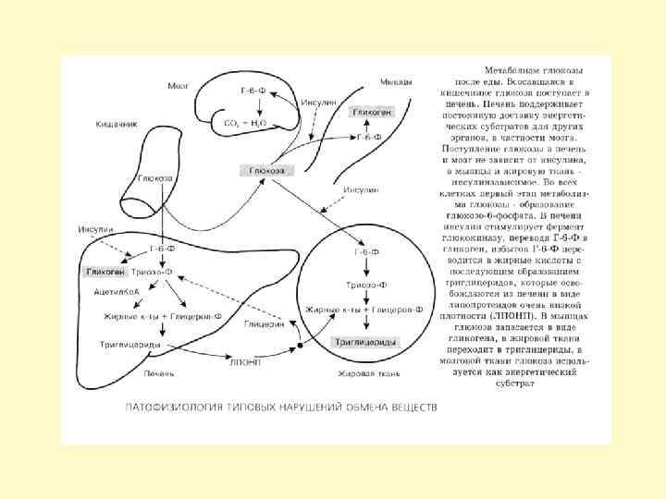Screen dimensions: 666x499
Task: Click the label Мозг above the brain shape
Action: [179, 86]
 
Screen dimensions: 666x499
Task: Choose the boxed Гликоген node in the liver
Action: [105, 273]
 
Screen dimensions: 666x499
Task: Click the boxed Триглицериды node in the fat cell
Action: [365, 341]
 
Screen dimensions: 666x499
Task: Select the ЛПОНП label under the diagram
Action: [245, 362]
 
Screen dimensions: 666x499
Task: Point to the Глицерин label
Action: [264, 324]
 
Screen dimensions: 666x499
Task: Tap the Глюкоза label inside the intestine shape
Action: [154, 177]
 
